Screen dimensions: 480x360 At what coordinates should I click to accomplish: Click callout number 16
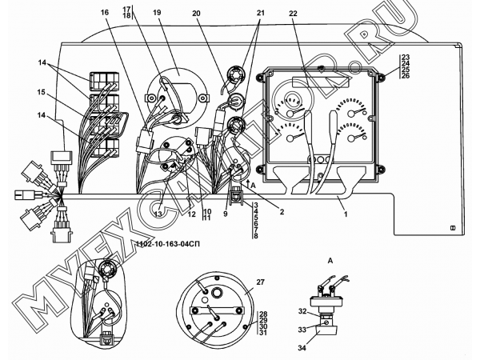pos(105,12)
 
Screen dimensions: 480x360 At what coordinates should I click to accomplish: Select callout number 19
pos(157,12)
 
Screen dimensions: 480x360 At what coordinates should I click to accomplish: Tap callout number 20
pos(196,13)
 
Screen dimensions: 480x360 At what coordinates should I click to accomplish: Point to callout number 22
pos(293,13)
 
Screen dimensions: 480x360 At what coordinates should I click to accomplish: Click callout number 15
pos(42,92)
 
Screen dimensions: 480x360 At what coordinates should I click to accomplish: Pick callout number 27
pos(260,282)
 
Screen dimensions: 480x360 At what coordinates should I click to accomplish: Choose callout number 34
pos(302,348)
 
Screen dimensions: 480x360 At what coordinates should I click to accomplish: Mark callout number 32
pos(302,311)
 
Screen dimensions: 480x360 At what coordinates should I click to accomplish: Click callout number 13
pos(158,214)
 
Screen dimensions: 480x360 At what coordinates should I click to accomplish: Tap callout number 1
pos(346,214)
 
